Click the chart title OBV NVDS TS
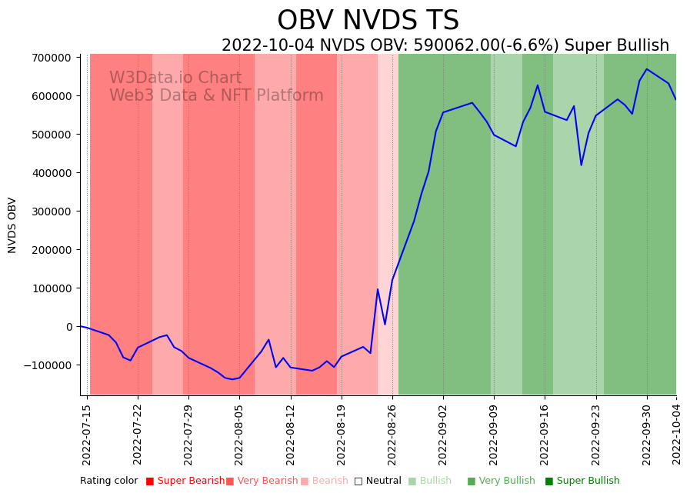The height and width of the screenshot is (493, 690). [368, 21]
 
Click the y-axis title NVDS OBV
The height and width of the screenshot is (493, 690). [12, 225]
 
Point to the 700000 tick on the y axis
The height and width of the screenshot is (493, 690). [50, 58]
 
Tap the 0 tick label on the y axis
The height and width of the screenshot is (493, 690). [69, 327]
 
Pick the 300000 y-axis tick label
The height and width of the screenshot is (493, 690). [50, 212]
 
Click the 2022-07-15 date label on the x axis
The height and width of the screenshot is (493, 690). [87, 435]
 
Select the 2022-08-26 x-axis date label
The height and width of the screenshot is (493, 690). [392, 435]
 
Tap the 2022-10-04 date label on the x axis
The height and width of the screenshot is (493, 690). [677, 435]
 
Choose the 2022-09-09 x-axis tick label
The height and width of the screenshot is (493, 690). [494, 435]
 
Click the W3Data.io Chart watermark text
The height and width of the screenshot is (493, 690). [175, 78]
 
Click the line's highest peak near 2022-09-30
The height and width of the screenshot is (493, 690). [647, 69]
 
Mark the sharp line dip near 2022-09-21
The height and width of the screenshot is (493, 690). [582, 165]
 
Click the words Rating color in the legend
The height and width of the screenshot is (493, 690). [108, 481]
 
